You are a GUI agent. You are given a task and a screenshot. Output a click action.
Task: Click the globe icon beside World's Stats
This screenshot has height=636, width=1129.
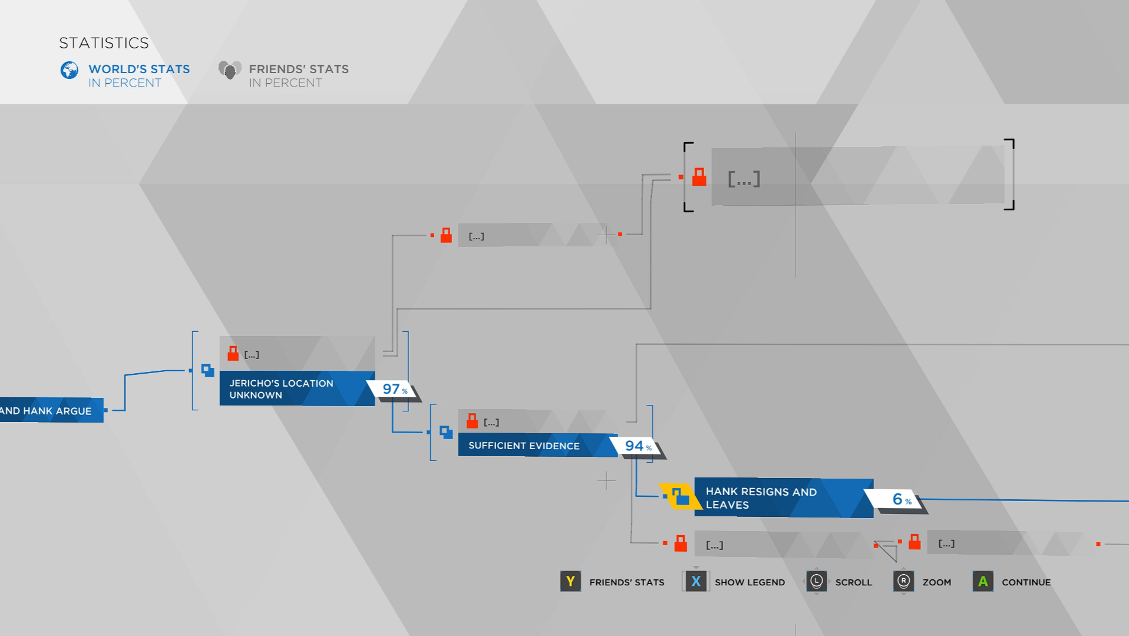pyautogui.click(x=70, y=70)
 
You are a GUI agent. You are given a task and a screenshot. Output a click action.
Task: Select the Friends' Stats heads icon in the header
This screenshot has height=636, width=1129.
pyautogui.click(x=229, y=70)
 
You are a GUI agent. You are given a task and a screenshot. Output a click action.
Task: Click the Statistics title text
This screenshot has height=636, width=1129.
pyautogui.click(x=104, y=43)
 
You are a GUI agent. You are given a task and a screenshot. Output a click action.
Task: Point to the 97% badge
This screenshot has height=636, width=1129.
pyautogui.click(x=394, y=389)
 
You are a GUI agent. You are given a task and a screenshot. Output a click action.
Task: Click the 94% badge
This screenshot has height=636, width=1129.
pyautogui.click(x=637, y=446)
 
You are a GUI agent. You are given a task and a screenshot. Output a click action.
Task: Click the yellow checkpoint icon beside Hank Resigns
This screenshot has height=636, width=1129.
pyautogui.click(x=680, y=496)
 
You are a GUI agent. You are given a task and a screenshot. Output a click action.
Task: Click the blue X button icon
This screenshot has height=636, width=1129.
pyautogui.click(x=696, y=582)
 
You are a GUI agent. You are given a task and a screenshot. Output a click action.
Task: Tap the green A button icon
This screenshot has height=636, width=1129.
pyautogui.click(x=982, y=582)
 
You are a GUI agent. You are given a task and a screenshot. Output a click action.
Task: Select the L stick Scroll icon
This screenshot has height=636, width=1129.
pyautogui.click(x=816, y=582)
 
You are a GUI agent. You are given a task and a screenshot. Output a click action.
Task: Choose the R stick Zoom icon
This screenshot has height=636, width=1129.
pyautogui.click(x=903, y=582)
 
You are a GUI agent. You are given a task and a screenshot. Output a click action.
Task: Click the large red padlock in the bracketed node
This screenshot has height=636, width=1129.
pyautogui.click(x=699, y=177)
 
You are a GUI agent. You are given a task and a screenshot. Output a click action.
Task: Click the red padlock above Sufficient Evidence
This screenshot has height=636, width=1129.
pyautogui.click(x=472, y=421)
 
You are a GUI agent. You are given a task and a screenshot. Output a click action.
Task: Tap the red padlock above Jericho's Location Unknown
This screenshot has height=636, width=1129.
pyautogui.click(x=233, y=353)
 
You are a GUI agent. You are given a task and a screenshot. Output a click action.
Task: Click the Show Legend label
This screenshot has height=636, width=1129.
pyautogui.click(x=750, y=582)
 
